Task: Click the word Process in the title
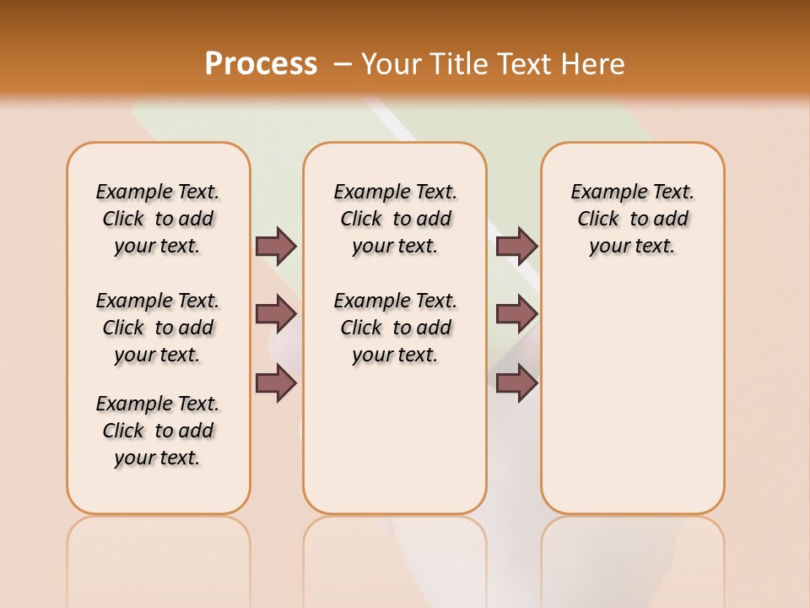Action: (261, 63)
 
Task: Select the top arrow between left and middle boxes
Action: (276, 246)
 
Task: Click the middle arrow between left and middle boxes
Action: (276, 314)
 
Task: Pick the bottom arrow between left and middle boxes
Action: (276, 383)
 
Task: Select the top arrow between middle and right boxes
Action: (516, 246)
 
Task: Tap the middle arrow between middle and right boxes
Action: (516, 314)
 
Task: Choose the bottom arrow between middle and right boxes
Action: (516, 383)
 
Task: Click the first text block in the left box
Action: (158, 219)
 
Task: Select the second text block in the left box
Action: (158, 328)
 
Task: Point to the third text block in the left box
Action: (158, 431)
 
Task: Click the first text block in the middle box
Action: (396, 219)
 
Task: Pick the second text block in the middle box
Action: (396, 328)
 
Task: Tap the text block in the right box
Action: (633, 219)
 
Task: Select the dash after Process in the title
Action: (343, 63)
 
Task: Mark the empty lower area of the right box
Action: (633, 405)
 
